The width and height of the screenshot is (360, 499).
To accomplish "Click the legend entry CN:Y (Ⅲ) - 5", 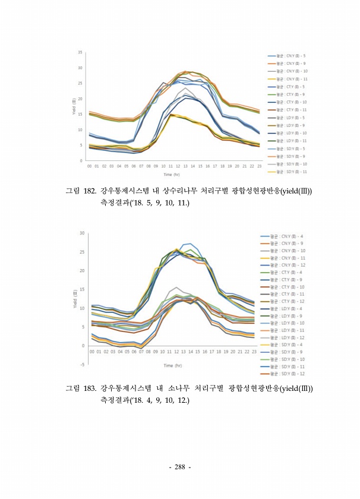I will [288, 55].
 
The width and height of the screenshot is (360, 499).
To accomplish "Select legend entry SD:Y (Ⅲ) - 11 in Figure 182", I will [288, 172].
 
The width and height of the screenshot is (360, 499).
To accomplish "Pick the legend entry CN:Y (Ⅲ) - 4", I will [288, 236].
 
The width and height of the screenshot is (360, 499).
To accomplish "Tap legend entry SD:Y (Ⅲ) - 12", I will [288, 373].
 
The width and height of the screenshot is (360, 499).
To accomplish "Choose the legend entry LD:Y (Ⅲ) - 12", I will [288, 337].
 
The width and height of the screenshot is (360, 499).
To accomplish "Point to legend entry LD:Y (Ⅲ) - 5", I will [288, 117].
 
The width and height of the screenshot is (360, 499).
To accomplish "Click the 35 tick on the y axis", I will [80, 52].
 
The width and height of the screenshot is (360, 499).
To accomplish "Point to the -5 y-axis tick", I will [82, 364].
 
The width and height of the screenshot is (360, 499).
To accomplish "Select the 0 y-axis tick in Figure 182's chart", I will [81, 160].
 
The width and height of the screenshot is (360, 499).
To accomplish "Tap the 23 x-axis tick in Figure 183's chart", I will [254, 352].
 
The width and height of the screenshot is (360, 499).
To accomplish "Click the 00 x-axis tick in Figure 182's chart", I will [89, 167].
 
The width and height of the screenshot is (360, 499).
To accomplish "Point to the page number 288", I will [179, 467].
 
